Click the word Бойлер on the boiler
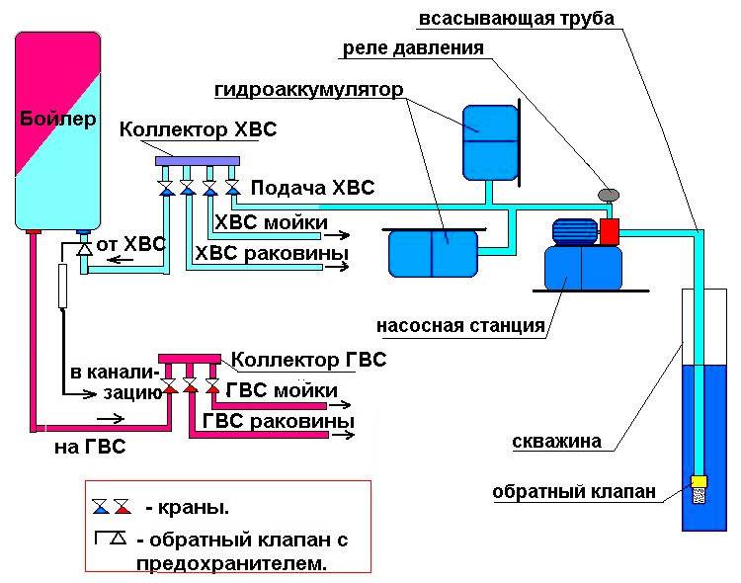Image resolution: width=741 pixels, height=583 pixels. click(58, 120)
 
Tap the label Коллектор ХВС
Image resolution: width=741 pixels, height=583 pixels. click(198, 130)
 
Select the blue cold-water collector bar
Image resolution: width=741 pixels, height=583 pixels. click(206, 158)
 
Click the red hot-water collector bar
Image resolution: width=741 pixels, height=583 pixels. click(194, 358)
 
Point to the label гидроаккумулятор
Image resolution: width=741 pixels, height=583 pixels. click(307, 90)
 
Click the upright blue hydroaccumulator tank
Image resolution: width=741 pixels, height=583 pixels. click(490, 142)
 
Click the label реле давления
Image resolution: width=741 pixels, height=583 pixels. click(413, 47)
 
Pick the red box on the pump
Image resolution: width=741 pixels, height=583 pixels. click(609, 231)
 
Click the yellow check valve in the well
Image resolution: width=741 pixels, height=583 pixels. click(698, 481)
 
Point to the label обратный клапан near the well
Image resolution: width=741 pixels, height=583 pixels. click(574, 491)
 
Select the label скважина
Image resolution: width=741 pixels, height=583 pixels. click(556, 442)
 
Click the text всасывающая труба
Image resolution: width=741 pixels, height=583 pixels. click(516, 19)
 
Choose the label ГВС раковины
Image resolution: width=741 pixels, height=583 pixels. click(279, 421)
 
